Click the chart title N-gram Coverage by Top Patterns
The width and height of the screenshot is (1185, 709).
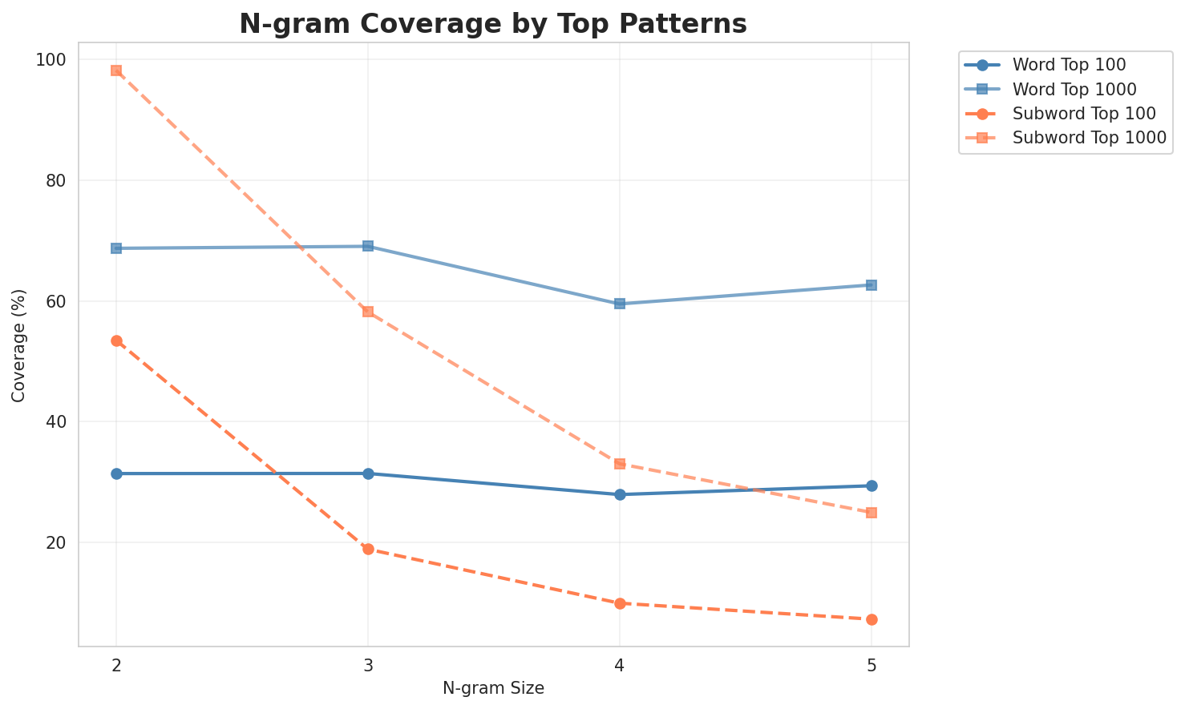pyautogui.click(x=493, y=24)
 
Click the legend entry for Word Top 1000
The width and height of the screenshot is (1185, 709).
pyautogui.click(x=1074, y=88)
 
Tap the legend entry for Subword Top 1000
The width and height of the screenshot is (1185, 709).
pyautogui.click(x=1089, y=137)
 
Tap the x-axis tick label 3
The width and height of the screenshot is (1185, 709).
pyautogui.click(x=368, y=666)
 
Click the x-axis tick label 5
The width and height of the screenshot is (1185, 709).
pyautogui.click(x=872, y=666)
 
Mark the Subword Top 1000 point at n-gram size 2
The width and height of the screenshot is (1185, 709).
pyautogui.click(x=116, y=70)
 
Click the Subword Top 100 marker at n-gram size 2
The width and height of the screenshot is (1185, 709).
pyautogui.click(x=116, y=340)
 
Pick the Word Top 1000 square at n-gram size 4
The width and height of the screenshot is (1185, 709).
pyautogui.click(x=620, y=304)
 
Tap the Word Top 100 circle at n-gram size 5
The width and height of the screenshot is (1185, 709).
pyautogui.click(x=872, y=485)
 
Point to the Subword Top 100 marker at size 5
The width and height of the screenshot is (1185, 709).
pyautogui.click(x=872, y=619)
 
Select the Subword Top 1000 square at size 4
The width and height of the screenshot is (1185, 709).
pyautogui.click(x=620, y=464)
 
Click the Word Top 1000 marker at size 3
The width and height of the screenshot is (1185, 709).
pyautogui.click(x=368, y=246)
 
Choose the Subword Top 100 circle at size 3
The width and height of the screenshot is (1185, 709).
pyautogui.click(x=368, y=549)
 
